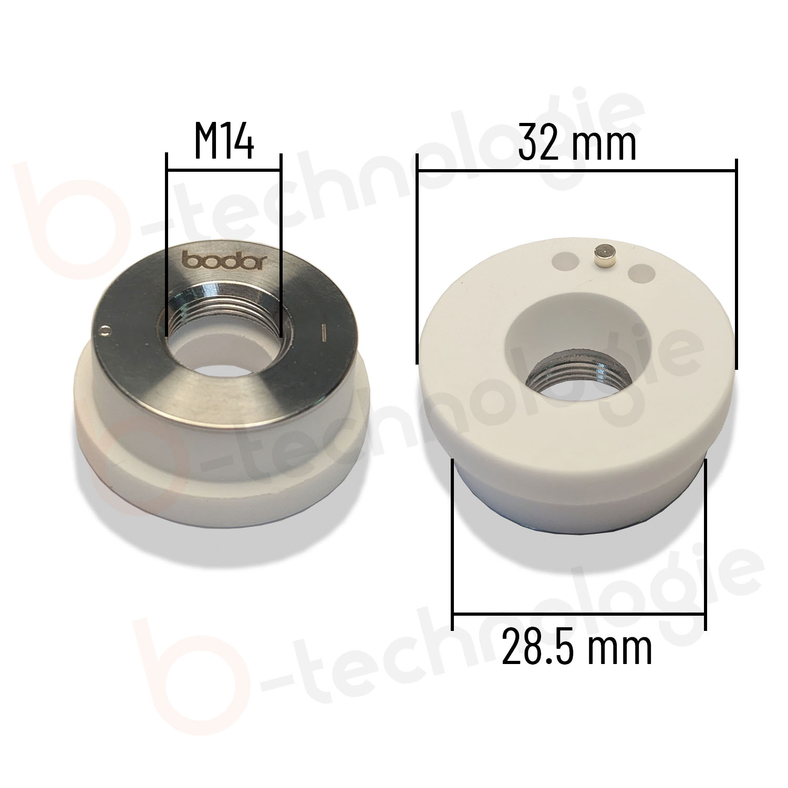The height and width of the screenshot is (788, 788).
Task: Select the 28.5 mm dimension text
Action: tap(577, 648)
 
